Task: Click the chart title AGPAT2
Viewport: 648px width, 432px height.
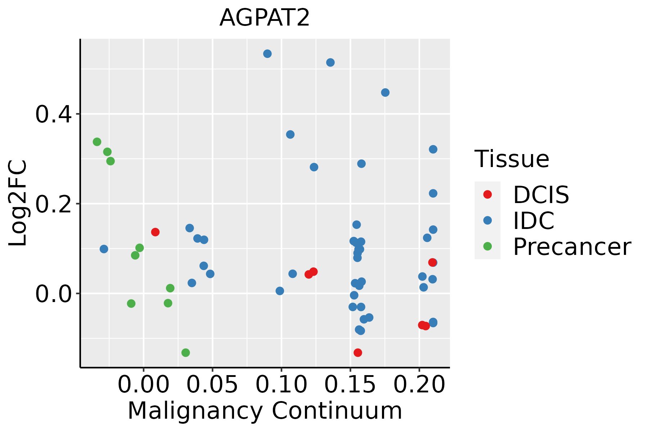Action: [x=265, y=18]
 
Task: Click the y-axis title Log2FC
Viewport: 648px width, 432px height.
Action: [x=18, y=203]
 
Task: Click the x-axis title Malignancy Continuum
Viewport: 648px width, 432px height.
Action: [x=265, y=411]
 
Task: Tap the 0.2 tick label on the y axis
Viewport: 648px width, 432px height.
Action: [x=52, y=204]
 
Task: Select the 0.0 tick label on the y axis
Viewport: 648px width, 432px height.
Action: [x=52, y=293]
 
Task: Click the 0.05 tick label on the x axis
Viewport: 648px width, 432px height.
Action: [x=212, y=385]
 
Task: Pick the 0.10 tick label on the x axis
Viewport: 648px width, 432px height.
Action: [x=282, y=385]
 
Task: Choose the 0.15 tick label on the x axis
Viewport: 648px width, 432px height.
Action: [x=350, y=385]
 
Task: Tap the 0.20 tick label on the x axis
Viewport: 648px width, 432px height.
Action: [x=419, y=385]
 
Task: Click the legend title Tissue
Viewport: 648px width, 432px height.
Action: [x=512, y=159]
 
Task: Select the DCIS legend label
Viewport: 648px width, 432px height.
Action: [x=541, y=195]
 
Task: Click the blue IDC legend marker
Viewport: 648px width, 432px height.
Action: [x=487, y=220]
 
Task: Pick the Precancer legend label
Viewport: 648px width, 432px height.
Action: [x=572, y=247]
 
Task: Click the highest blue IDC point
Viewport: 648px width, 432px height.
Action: [x=267, y=54]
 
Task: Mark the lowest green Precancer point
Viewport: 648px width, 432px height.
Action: [x=186, y=352]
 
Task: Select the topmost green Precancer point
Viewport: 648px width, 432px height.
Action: [x=97, y=142]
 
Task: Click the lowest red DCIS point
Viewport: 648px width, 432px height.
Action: [x=358, y=352]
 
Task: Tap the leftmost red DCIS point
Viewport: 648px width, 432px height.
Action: [x=156, y=232]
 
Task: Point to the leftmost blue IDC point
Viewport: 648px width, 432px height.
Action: [x=104, y=249]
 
